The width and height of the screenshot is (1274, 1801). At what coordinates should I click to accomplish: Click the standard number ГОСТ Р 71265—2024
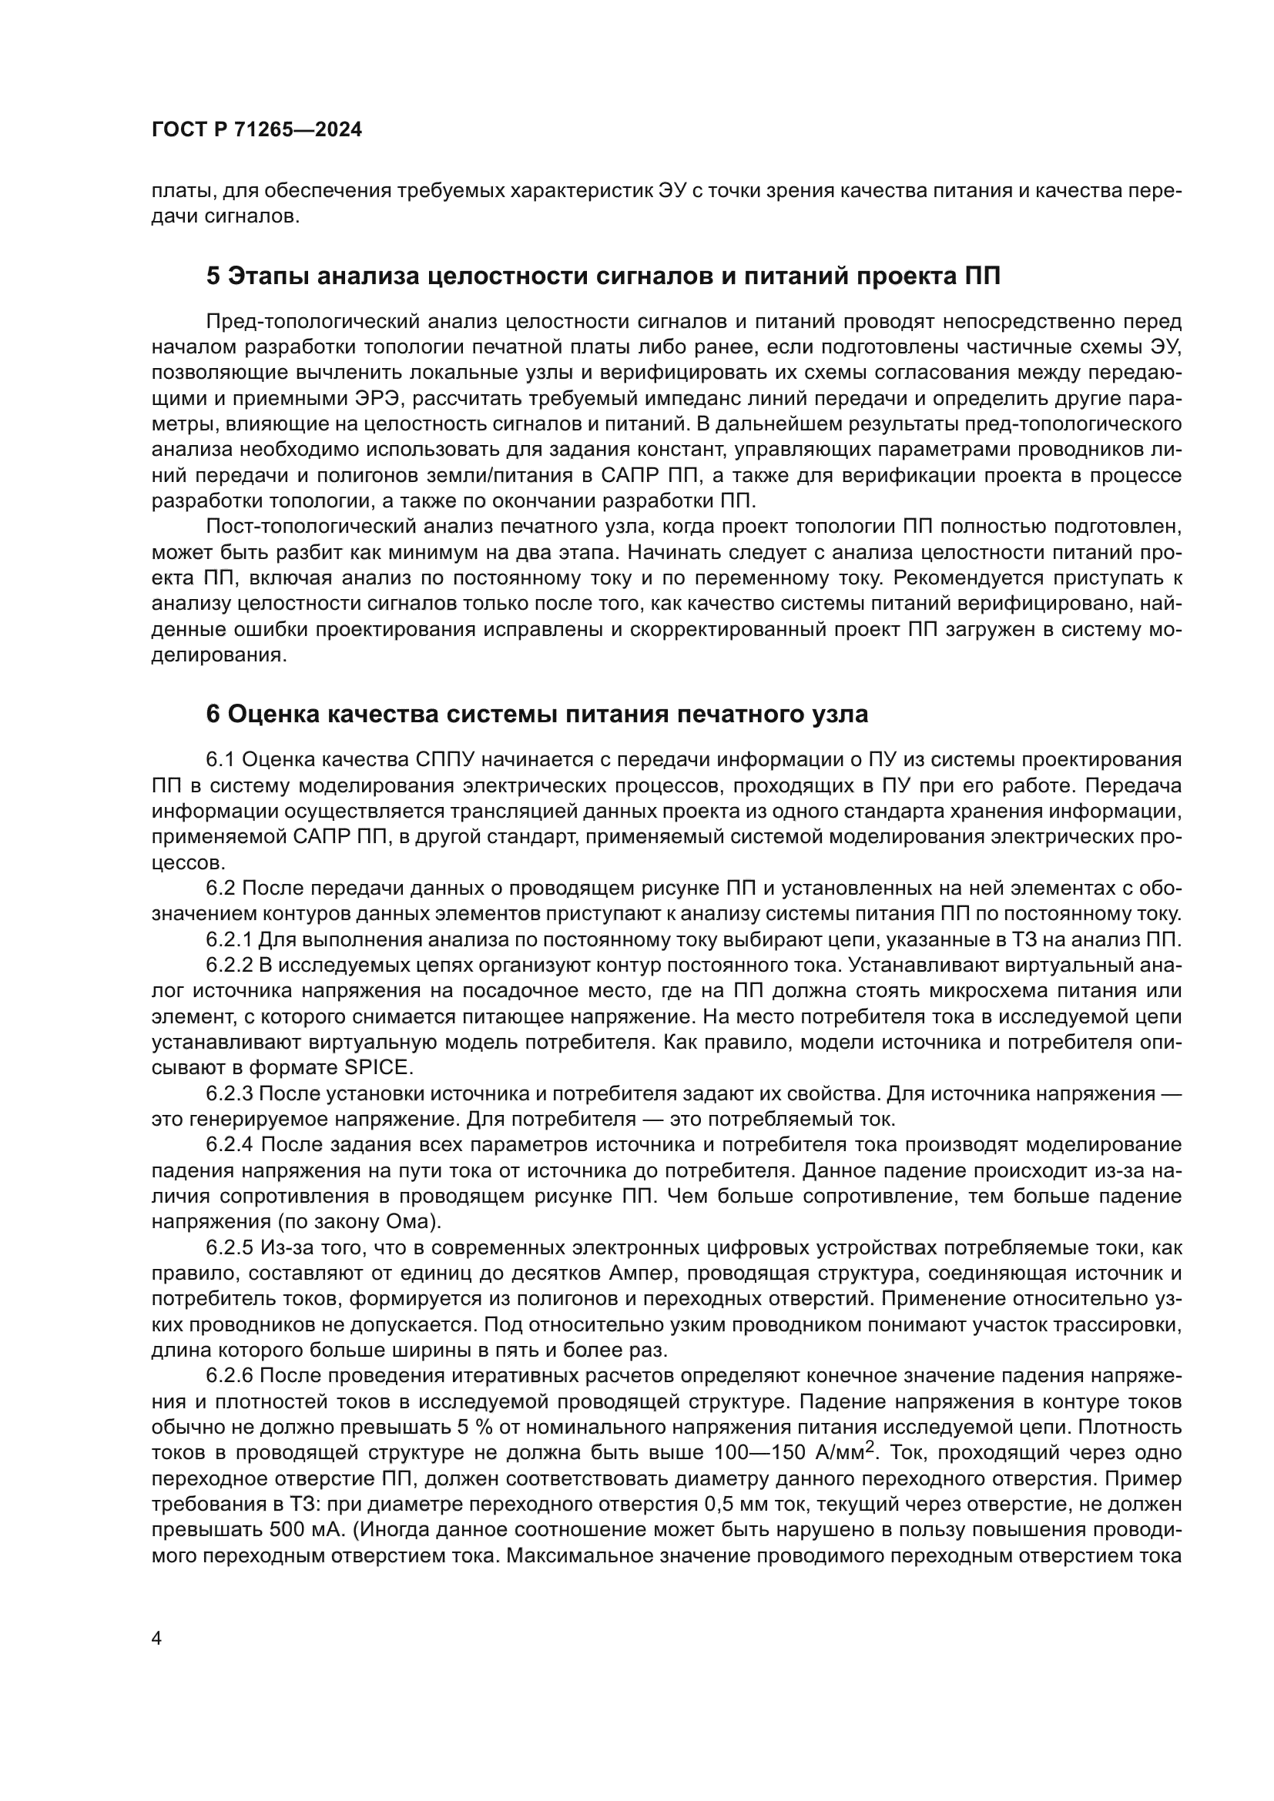click(x=256, y=130)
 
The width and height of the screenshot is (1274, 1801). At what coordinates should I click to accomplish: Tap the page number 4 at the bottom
click(x=156, y=1617)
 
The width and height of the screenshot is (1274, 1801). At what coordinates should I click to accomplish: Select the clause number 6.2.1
click(x=229, y=939)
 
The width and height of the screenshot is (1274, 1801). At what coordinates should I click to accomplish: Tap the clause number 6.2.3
click(x=229, y=1093)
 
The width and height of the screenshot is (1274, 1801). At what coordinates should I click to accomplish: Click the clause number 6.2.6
click(x=229, y=1376)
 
